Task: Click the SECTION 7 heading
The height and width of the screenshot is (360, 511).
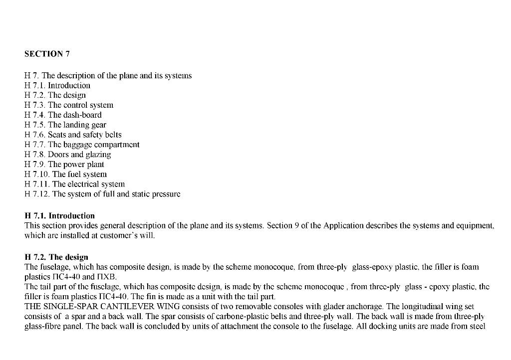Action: [43, 54]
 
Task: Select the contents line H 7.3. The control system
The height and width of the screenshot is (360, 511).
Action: [69, 105]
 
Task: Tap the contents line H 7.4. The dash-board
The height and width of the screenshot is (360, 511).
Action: [63, 115]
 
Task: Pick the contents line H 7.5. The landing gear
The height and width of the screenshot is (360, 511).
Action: [65, 125]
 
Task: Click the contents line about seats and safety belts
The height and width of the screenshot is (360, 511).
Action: [73, 135]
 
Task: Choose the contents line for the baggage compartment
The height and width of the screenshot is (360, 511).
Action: [82, 145]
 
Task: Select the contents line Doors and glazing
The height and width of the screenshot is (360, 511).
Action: [68, 155]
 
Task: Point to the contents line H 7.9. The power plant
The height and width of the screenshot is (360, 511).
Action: [64, 165]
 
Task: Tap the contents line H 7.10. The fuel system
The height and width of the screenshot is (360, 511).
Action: [65, 175]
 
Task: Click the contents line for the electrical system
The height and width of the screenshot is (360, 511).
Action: [75, 184]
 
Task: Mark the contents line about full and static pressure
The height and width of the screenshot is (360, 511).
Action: [102, 194]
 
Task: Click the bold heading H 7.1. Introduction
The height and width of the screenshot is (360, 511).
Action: [59, 216]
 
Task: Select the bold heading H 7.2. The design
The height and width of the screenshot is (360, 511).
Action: [56, 257]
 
